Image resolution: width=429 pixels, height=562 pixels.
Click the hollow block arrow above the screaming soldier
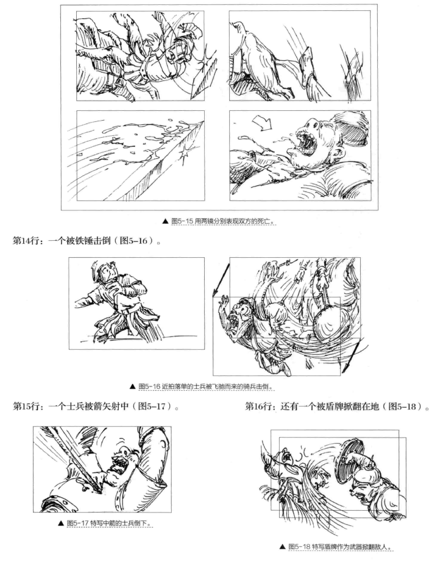coord(262,123)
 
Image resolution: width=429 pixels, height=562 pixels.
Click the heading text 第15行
coord(26,407)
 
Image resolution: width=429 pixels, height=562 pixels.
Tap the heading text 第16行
coord(258,407)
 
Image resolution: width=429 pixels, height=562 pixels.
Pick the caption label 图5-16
coord(149,386)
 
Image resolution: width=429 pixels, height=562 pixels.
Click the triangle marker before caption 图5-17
coord(61,523)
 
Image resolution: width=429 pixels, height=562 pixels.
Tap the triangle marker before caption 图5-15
coord(165,221)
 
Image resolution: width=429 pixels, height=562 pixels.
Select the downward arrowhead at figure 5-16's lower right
coord(347,368)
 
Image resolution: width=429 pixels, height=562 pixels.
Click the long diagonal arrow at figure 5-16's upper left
coord(221,280)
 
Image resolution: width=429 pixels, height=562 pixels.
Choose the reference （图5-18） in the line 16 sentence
coord(403,407)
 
